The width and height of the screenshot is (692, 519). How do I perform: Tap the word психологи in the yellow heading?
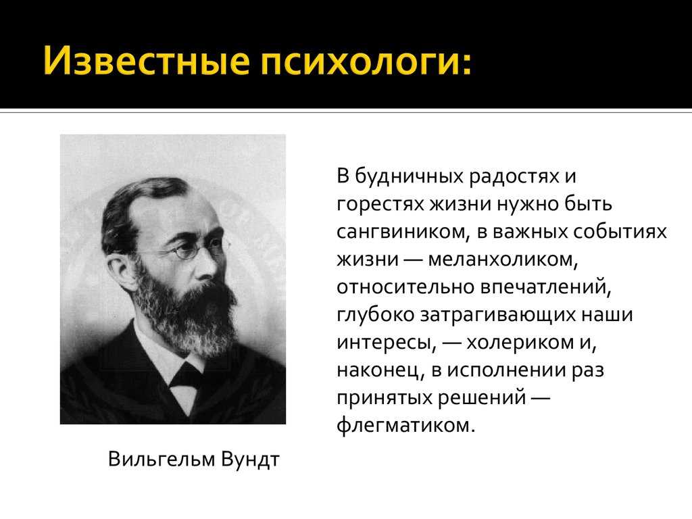coord(362,60)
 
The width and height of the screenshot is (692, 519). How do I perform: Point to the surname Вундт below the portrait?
coord(250,460)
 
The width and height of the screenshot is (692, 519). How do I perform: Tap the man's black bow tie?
coord(184,376)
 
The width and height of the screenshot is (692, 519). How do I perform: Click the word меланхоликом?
coord(503,259)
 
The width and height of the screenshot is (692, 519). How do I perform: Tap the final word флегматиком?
coord(405,426)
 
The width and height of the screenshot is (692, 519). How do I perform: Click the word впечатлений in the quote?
coord(546,287)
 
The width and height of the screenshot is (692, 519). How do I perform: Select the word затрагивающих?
coord(497,315)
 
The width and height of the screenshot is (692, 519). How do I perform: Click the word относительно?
coord(405,287)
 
